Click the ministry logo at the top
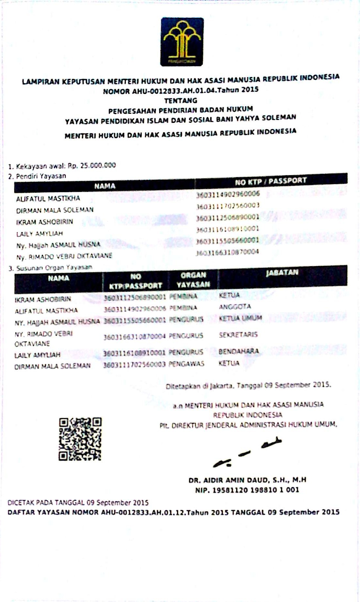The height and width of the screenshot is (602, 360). [182, 42]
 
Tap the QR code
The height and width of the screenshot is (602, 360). [80, 439]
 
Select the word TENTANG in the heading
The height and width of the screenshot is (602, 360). [181, 100]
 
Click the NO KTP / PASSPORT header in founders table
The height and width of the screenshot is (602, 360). [271, 181]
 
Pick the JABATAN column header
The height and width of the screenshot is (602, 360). [282, 272]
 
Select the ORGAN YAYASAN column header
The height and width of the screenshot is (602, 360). [193, 280]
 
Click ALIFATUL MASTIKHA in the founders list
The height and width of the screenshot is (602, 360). [48, 199]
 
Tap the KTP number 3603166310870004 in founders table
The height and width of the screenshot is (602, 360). [227, 252]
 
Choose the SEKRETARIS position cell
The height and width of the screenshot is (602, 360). [238, 334]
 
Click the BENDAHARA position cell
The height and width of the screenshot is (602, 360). [239, 351]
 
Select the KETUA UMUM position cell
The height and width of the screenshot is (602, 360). [240, 318]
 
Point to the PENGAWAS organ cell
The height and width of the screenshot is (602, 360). [186, 364]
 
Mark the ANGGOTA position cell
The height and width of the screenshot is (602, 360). [235, 307]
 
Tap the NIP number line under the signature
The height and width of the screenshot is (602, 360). [247, 490]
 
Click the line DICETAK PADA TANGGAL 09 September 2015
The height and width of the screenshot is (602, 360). [78, 503]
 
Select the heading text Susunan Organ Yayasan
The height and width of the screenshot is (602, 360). [54, 268]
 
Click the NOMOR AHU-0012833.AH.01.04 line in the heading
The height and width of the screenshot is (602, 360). [181, 91]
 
